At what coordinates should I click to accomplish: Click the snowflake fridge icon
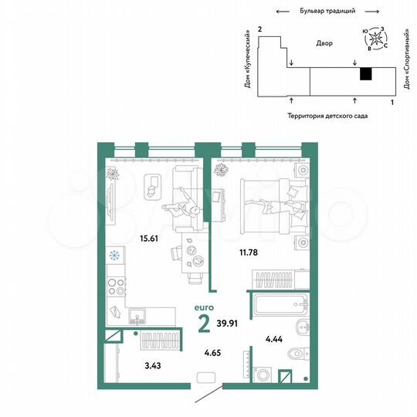coord(114,256)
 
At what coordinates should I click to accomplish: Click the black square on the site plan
coord(366,73)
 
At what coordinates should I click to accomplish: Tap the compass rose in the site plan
coord(376,39)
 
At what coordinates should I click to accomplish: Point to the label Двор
coord(324,43)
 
